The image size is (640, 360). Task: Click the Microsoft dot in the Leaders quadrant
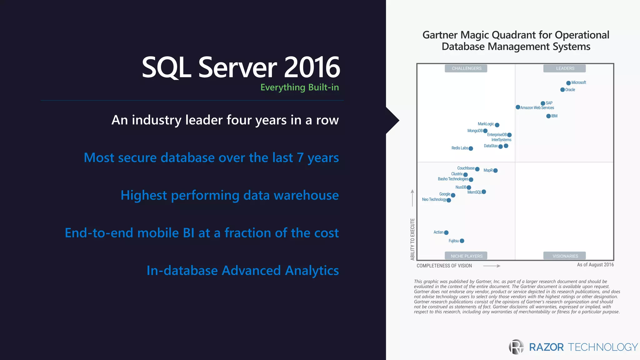click(568, 83)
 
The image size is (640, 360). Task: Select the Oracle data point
click(562, 90)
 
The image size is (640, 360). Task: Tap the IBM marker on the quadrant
click(548, 116)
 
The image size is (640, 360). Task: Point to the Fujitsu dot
click(462, 241)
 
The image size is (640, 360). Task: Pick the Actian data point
click(446, 232)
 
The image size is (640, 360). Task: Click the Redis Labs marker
click(471, 148)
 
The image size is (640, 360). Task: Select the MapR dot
click(495, 171)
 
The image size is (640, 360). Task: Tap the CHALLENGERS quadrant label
click(466, 68)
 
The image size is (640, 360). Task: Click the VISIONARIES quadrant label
click(565, 256)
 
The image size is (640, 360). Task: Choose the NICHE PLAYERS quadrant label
click(466, 256)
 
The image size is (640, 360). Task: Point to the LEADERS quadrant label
click(565, 68)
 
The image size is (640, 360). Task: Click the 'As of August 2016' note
click(595, 265)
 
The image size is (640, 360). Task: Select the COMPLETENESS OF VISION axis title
click(444, 266)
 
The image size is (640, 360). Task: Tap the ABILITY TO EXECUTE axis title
click(412, 239)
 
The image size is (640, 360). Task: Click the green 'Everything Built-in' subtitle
click(299, 87)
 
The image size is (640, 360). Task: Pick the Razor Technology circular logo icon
click(516, 347)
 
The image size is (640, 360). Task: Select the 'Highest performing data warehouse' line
click(229, 195)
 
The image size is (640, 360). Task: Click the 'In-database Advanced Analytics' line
click(242, 271)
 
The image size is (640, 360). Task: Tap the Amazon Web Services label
click(537, 108)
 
